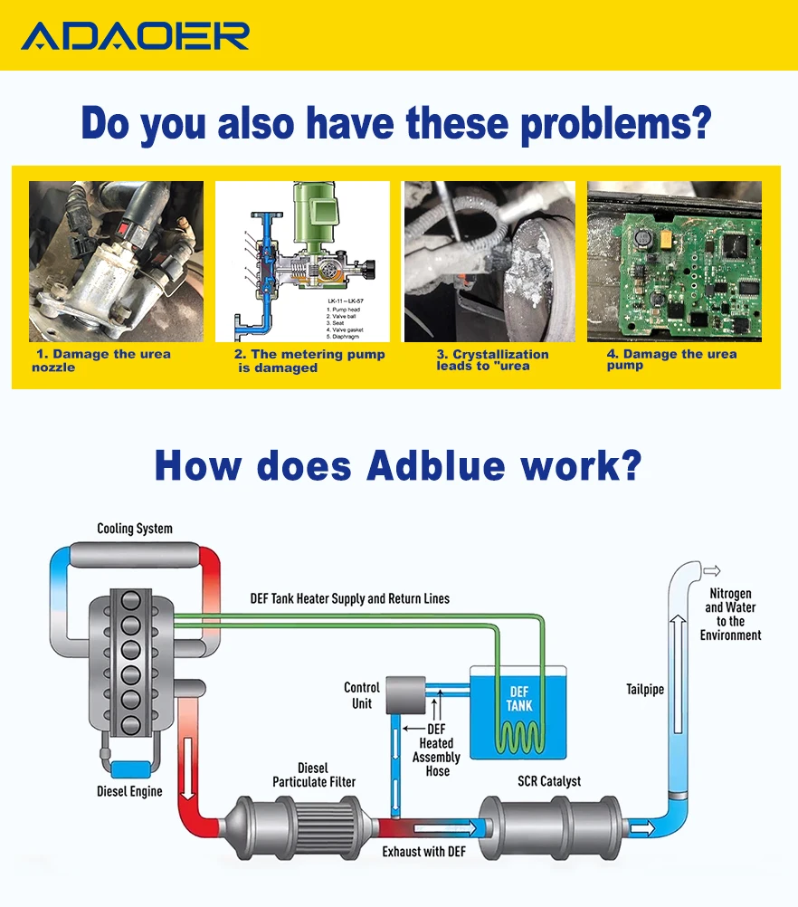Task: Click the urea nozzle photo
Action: coord(116,262)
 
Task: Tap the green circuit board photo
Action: coord(674,262)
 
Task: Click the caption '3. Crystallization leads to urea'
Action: coord(492,360)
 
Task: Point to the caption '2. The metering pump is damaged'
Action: coord(309,361)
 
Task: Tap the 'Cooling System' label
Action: coord(135,529)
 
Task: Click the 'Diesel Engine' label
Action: coord(129,791)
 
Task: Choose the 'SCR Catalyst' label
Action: coord(549,780)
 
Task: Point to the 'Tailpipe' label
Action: coord(645,690)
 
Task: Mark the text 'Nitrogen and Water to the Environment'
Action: coord(730,615)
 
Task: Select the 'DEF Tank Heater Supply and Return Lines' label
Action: coord(349,598)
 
